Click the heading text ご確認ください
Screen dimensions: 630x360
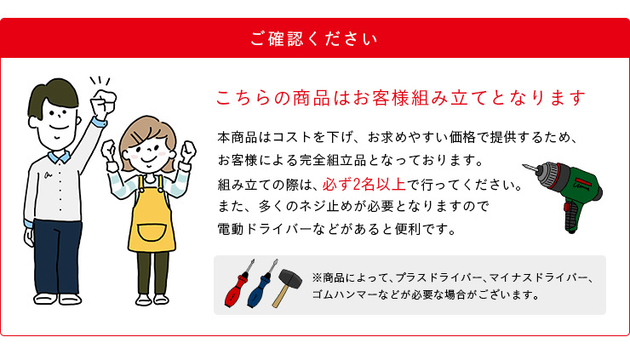(314, 39)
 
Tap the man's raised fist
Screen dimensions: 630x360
(103, 101)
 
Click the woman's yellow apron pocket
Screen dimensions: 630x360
(152, 234)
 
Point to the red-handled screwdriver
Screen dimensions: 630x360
(239, 283)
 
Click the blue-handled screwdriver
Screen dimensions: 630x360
(261, 284)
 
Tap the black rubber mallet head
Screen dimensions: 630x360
(290, 278)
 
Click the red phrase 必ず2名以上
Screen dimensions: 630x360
(364, 185)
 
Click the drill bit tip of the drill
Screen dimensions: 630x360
(524, 165)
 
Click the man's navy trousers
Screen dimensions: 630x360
(57, 257)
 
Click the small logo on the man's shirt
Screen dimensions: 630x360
(49, 174)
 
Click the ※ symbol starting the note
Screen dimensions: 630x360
(317, 278)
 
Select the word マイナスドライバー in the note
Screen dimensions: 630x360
(538, 278)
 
